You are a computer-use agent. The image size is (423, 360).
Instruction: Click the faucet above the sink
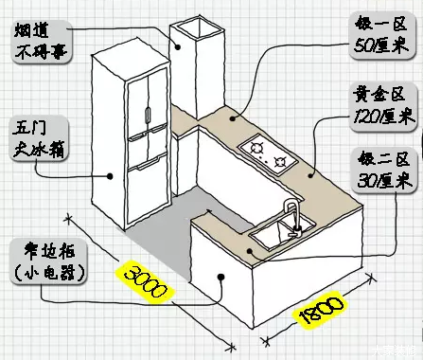(293, 210)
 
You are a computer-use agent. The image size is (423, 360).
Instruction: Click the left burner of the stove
(256, 147)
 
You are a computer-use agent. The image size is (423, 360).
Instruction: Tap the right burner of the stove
(280, 161)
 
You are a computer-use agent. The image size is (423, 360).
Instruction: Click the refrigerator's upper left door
(134, 106)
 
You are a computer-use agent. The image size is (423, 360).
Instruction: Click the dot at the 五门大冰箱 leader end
(112, 174)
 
